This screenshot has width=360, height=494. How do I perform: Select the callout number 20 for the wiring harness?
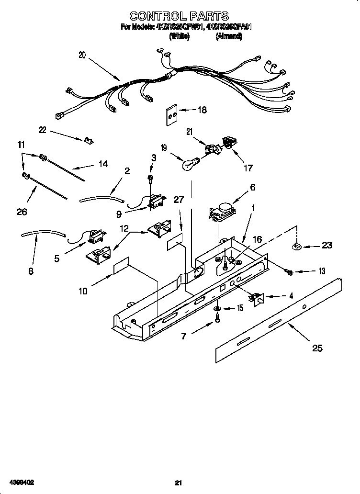tap(82, 55)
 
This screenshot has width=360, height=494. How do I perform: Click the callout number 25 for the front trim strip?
tap(317, 348)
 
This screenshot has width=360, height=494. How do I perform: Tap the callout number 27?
tap(178, 200)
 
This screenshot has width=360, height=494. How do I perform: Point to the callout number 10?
tap(83, 291)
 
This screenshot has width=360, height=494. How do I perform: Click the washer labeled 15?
tap(217, 309)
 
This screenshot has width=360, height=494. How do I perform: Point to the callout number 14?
tap(102, 164)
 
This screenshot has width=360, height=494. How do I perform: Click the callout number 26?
tap(22, 212)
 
